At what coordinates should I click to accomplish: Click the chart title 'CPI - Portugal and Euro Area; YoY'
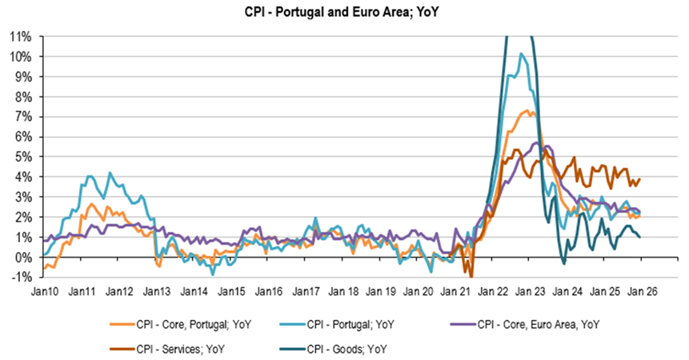[x=345, y=13]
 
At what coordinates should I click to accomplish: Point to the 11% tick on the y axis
[x=20, y=37]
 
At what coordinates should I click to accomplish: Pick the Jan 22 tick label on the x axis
[x=496, y=291]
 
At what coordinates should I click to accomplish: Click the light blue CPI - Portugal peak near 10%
[x=521, y=54]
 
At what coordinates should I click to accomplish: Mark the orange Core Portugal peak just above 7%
[x=527, y=110]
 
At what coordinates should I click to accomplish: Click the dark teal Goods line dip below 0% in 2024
[x=563, y=262]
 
